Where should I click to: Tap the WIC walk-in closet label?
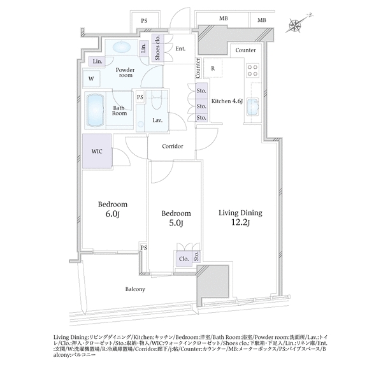(x=97, y=151)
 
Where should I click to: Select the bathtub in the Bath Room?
(x=96, y=110)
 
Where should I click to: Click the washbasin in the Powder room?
(x=122, y=47)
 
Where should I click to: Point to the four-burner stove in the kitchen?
(x=252, y=70)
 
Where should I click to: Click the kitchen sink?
(x=253, y=107)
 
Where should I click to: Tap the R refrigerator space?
(x=213, y=69)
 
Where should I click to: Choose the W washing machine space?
(x=91, y=78)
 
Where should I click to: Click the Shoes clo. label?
(x=157, y=48)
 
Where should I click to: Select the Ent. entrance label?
(x=180, y=49)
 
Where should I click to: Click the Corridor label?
(x=173, y=147)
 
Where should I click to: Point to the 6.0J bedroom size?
(x=113, y=213)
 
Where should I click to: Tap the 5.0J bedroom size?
(x=176, y=223)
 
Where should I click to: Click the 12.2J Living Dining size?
(x=240, y=222)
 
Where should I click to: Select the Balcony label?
(x=135, y=289)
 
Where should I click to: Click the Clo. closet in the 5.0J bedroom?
(x=184, y=259)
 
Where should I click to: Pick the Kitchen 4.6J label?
(x=227, y=101)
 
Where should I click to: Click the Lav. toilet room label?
(x=157, y=120)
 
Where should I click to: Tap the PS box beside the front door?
(x=145, y=20)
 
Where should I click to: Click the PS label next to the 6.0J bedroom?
(x=144, y=247)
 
